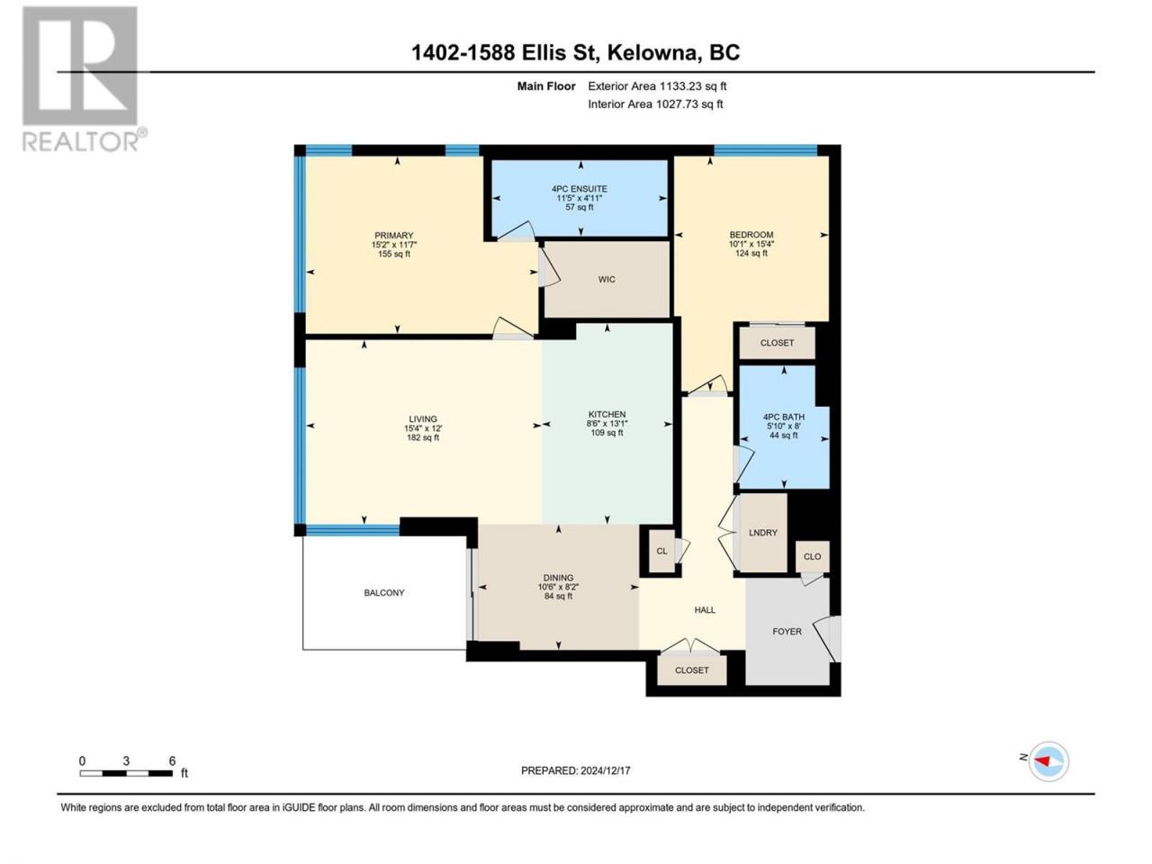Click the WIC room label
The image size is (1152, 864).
pyautogui.click(x=607, y=279)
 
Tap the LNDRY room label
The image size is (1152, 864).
pyautogui.click(x=762, y=533)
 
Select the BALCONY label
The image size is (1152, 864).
pyautogui.click(x=383, y=593)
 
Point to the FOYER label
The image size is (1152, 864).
pyautogui.click(x=787, y=632)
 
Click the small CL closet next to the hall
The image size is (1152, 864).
pyautogui.click(x=661, y=551)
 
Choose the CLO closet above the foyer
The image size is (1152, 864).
pyautogui.click(x=812, y=556)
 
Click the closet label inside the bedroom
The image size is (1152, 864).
pyautogui.click(x=777, y=343)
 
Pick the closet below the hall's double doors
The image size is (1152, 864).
pyautogui.click(x=692, y=670)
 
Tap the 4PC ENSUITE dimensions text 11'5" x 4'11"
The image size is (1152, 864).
pyautogui.click(x=580, y=198)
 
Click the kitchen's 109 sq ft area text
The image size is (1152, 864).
pyautogui.click(x=607, y=433)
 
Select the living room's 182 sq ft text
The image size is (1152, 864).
pyautogui.click(x=422, y=437)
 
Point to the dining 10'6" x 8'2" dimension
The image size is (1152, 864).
pyautogui.click(x=558, y=587)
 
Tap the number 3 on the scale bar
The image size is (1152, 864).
pyautogui.click(x=126, y=761)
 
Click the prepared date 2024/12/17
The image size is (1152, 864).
pyautogui.click(x=605, y=770)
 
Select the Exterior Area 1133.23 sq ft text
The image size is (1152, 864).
pyautogui.click(x=657, y=86)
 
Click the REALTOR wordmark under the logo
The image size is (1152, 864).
pyautogui.click(x=81, y=141)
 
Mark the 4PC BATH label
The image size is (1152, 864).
pyautogui.click(x=784, y=417)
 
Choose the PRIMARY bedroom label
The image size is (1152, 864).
pyautogui.click(x=393, y=236)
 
